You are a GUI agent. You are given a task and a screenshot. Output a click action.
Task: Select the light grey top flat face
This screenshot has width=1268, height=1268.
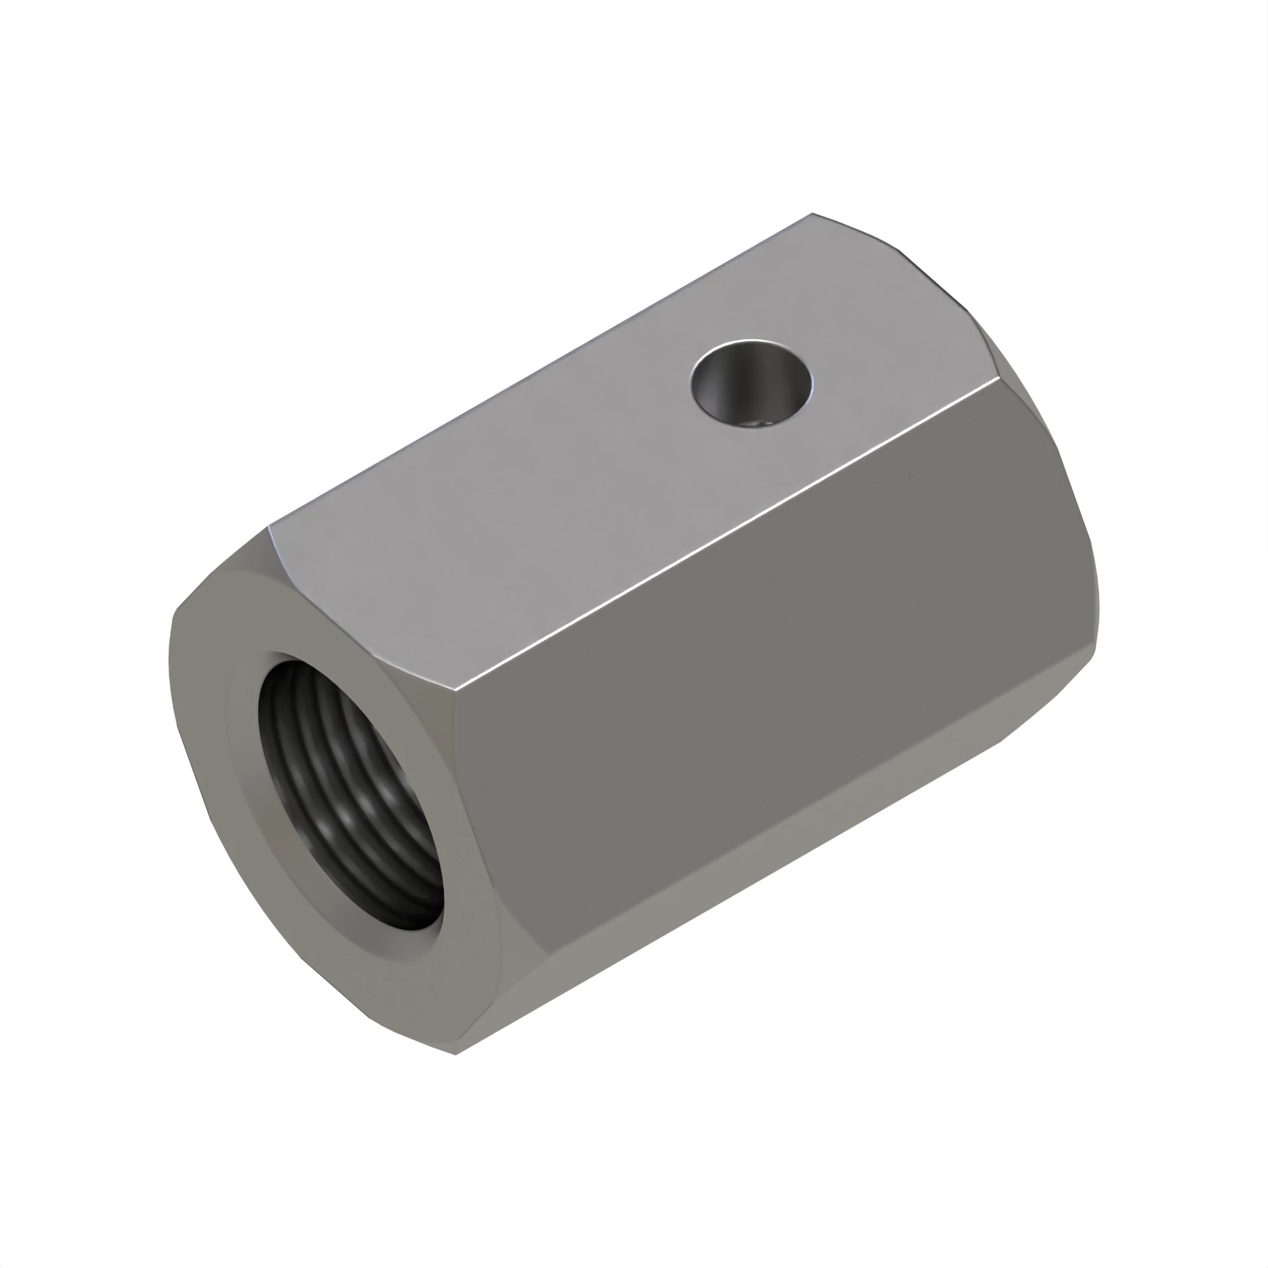tap(591, 460)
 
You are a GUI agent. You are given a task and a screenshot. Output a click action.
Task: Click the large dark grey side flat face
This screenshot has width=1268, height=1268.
tap(775, 656)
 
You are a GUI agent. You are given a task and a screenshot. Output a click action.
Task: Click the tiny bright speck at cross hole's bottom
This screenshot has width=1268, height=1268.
tap(762, 425)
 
